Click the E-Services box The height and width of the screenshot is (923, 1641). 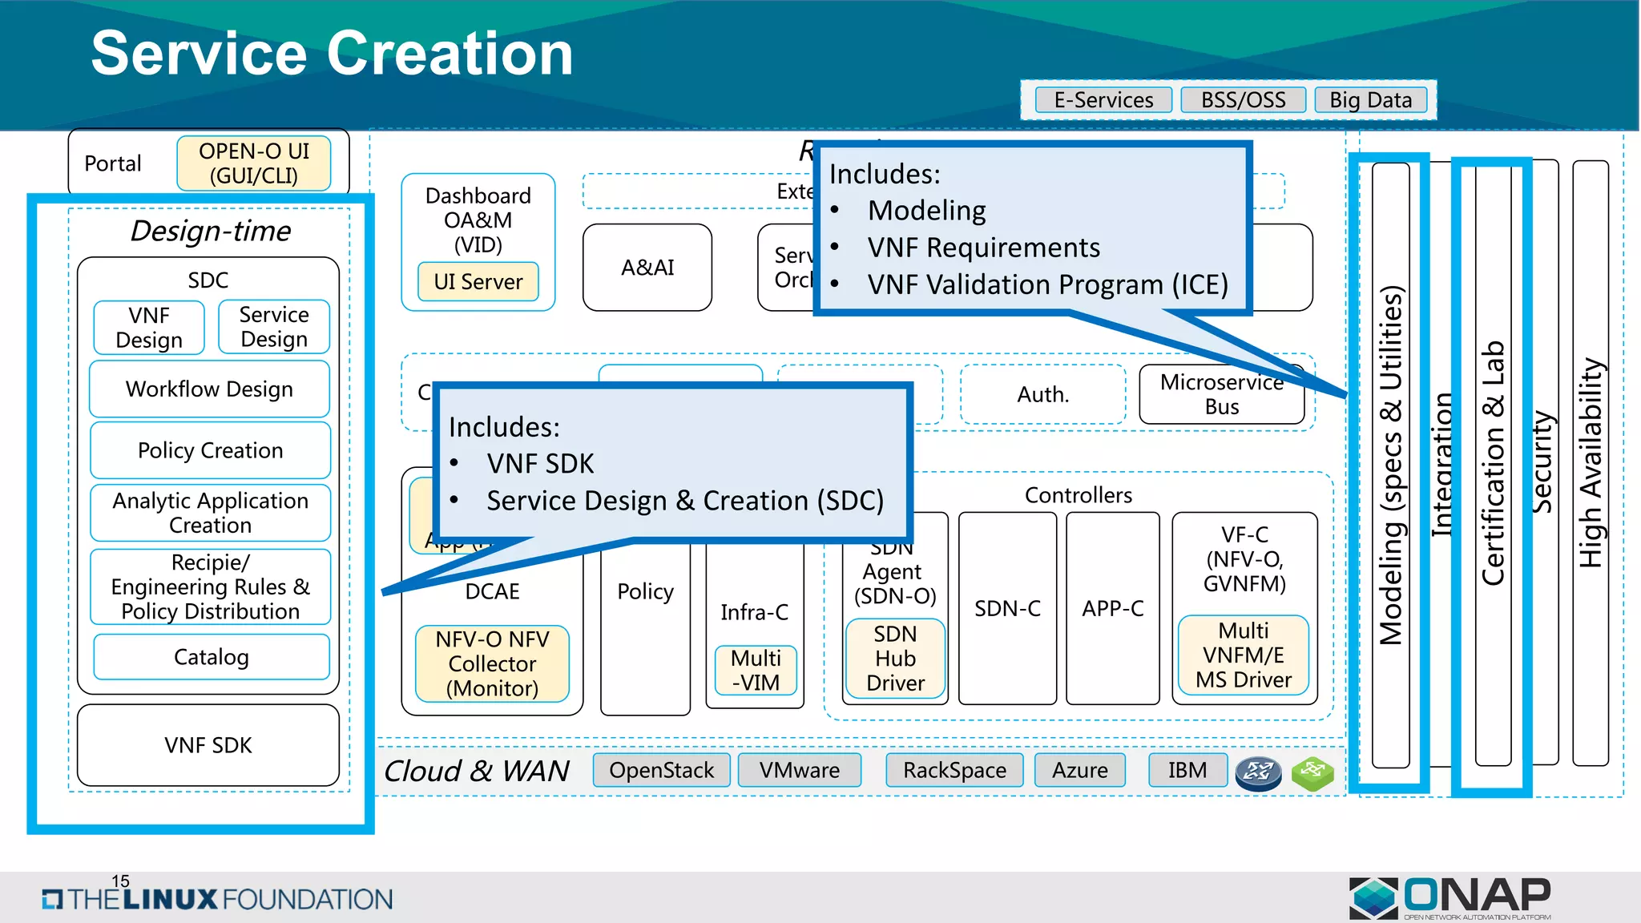point(1103,100)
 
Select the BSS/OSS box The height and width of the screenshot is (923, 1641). point(1243,100)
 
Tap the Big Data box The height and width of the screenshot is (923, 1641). point(1370,100)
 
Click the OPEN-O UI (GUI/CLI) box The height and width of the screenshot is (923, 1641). point(254,163)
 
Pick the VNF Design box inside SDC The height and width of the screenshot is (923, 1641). point(149,328)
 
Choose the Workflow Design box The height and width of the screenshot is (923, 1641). point(209,389)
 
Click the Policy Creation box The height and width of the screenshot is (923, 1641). point(210,450)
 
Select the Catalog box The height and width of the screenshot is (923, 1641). point(211,657)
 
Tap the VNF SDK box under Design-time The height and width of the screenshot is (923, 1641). point(208,745)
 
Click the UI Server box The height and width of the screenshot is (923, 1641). point(478,282)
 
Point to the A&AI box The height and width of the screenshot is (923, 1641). point(647,268)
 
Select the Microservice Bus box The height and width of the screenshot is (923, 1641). point(1221,395)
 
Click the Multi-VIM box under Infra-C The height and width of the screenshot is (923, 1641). point(756,670)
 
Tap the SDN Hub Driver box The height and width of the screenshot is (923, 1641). point(895,659)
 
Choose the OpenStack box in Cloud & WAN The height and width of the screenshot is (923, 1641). point(661,770)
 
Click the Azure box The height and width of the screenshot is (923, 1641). point(1079,770)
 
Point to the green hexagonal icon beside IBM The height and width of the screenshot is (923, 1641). point(1312,772)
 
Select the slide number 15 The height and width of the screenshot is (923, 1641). point(120,881)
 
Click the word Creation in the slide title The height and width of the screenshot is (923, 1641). point(450,54)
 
